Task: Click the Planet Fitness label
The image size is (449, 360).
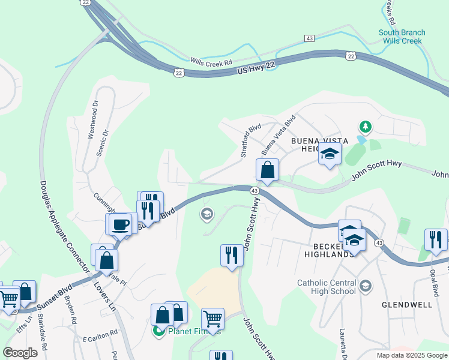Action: click(194, 331)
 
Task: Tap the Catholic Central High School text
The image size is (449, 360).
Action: click(326, 287)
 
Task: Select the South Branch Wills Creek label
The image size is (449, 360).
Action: click(402, 37)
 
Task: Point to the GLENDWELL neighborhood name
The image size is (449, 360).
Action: click(407, 305)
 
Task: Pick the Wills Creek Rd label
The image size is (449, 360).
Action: click(211, 62)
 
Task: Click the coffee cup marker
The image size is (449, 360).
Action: click(121, 224)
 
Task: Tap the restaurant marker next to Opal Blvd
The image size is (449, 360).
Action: click(435, 239)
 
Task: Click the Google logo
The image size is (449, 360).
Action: click(20, 352)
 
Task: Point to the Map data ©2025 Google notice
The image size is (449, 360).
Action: click(411, 355)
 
